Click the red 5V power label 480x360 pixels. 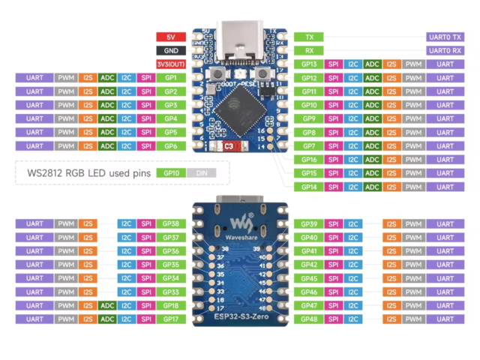point(172,37)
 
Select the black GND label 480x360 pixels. point(172,50)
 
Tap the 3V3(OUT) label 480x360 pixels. point(172,64)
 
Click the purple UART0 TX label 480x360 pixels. point(445,37)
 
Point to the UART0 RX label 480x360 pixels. point(445,50)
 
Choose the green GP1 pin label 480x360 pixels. point(170,77)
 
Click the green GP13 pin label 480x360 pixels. point(308,64)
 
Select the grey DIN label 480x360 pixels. point(200,172)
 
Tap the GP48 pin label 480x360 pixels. point(308,319)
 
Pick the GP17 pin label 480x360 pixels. point(170,319)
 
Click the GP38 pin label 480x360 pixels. point(170,223)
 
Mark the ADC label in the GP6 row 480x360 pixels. point(107,145)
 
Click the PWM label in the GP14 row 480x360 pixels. point(413,187)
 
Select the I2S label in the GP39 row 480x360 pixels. point(391,223)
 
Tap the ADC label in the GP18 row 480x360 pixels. point(107,305)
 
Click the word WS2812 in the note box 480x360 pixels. point(47,173)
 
